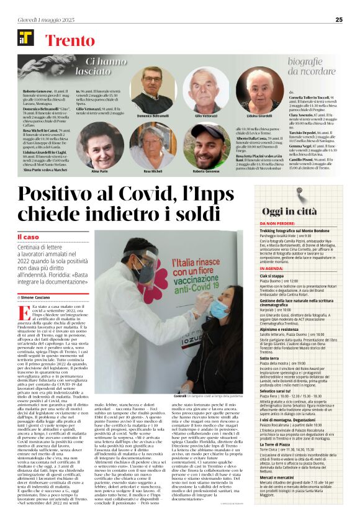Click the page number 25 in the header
tap(339, 20)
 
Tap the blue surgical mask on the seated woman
tap(218, 308)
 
